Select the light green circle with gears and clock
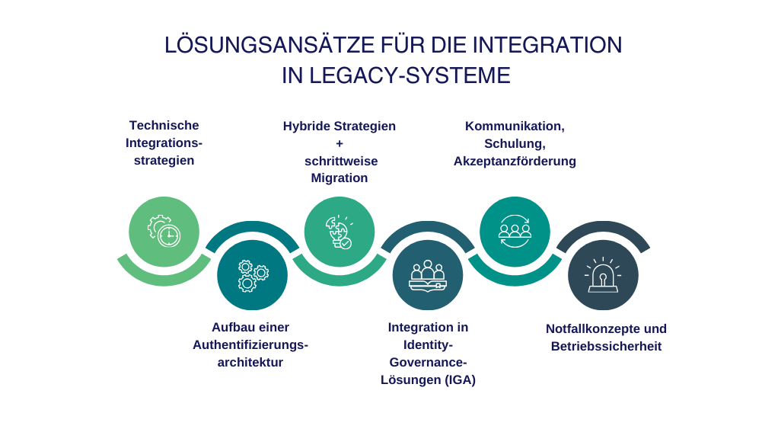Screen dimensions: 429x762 (164, 232)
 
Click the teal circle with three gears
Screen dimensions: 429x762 (252, 275)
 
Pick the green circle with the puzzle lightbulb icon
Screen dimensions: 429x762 (339, 232)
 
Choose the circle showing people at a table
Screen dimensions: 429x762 (427, 275)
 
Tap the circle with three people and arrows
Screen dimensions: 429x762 (515, 232)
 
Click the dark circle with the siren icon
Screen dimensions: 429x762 (603, 275)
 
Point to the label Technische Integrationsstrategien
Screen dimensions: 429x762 (163, 142)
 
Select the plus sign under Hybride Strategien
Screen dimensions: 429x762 (340, 143)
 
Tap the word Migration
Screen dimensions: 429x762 (340, 178)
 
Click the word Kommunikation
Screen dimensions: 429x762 (514, 126)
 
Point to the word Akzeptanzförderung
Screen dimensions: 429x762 (515, 162)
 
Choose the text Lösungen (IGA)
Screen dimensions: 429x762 (428, 380)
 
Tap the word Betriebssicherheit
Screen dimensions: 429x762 (606, 347)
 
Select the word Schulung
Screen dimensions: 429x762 (514, 143)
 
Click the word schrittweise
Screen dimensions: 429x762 (340, 161)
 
